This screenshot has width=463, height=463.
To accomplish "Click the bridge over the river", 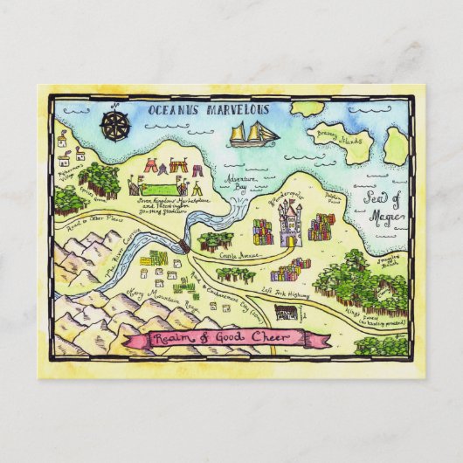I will [185, 247].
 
